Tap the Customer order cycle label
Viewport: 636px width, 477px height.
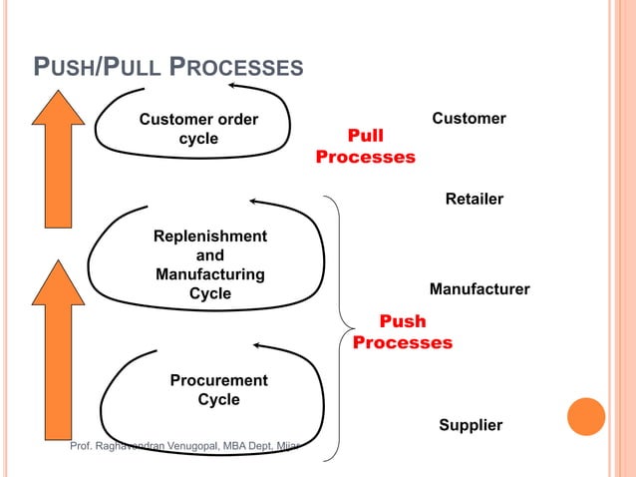[x=198, y=130]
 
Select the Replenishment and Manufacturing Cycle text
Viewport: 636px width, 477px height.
[x=210, y=264]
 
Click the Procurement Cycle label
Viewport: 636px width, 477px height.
[x=218, y=390]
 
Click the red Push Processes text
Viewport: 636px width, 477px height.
[x=403, y=332]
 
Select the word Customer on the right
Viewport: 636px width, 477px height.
[x=469, y=119]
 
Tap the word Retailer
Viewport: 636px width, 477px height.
[x=474, y=200]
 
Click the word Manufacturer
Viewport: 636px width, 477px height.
[x=478, y=289]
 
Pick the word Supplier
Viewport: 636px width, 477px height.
[x=471, y=426]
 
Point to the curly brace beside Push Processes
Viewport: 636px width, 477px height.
[x=342, y=324]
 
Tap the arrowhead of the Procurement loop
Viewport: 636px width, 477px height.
[x=258, y=345]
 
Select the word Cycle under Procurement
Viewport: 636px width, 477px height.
[x=218, y=400]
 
